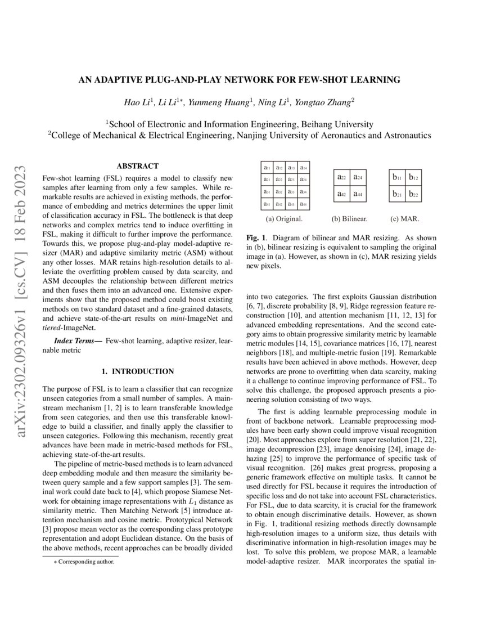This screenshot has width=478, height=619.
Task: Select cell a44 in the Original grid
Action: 303,204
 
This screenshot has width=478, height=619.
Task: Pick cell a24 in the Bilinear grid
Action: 358,178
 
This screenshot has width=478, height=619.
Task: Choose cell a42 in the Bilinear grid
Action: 341,195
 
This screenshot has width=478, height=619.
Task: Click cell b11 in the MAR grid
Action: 398,178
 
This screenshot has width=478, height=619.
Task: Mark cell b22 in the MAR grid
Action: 414,195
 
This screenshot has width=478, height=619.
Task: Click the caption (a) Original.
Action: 285,218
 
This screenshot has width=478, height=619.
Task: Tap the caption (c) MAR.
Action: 405,218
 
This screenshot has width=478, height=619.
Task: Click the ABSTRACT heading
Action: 137,166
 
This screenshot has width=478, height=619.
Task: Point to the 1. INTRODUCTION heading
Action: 137,371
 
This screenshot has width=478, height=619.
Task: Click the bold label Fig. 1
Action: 257,238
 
